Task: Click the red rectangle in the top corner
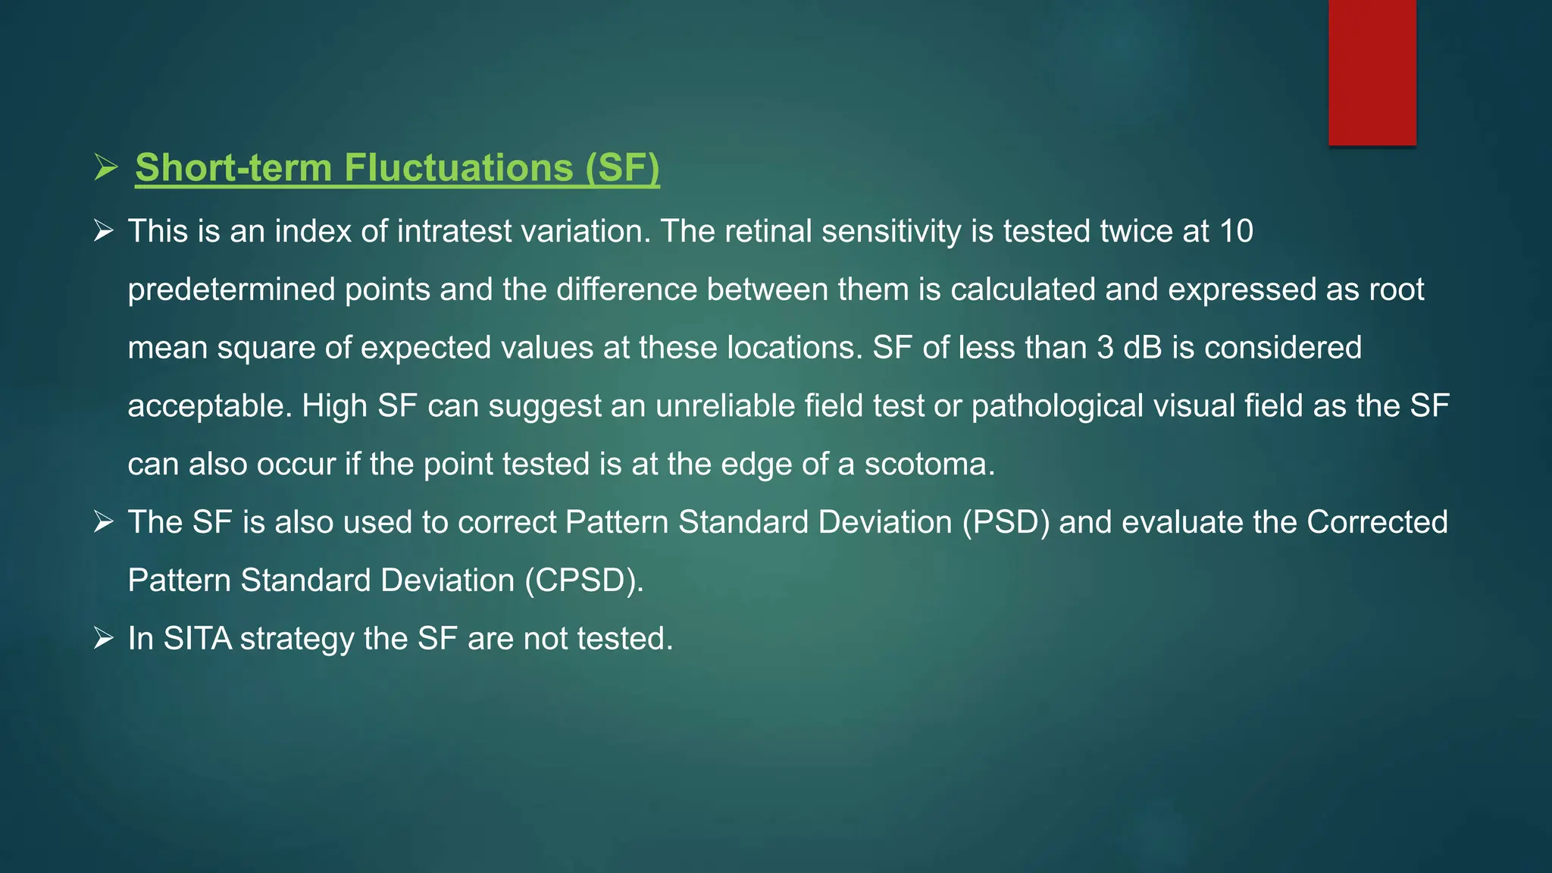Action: point(1372,73)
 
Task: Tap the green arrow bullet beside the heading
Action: point(105,167)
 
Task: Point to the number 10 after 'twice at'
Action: point(1236,231)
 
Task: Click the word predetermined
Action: point(231,290)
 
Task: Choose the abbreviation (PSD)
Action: point(1006,522)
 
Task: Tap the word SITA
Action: point(197,639)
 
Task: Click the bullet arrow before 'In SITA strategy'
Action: point(104,638)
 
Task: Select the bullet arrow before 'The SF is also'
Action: point(104,521)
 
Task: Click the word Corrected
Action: point(1377,522)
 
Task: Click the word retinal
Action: point(768,231)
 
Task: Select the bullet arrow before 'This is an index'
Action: point(104,230)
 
